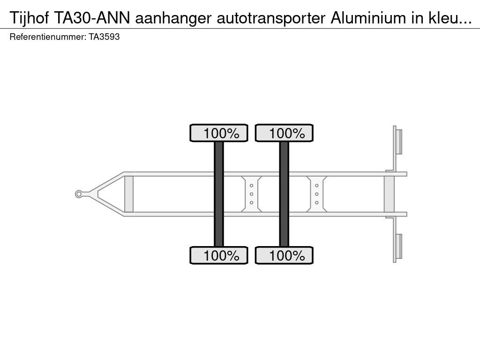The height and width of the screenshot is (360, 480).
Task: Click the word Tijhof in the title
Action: pos(29,18)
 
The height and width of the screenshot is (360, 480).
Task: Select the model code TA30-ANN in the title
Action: pos(92,18)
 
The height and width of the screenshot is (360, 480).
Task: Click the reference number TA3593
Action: pos(104,37)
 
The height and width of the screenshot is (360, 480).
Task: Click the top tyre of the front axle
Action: pos(219,133)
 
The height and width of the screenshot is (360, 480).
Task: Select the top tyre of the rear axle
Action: pos(284,133)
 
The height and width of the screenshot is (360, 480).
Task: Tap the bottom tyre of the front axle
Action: pos(219,255)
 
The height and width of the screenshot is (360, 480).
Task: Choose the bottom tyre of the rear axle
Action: pos(284,255)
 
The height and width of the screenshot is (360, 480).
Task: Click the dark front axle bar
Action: pos(219,194)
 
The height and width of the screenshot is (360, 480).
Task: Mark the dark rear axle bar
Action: pos(284,194)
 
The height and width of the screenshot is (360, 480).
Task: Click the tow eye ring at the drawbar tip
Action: pos(79,194)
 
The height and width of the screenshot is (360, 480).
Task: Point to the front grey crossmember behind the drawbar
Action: pos(129,194)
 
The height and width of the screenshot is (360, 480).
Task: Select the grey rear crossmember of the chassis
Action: pos(389,194)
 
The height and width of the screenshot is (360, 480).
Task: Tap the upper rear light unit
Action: pos(399,142)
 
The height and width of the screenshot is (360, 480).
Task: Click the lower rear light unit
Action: pos(399,247)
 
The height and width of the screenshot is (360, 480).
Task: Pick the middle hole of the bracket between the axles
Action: pos(252,194)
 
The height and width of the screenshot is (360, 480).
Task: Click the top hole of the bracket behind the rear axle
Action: pos(317,186)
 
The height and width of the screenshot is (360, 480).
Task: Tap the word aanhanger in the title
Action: pos(173,18)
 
